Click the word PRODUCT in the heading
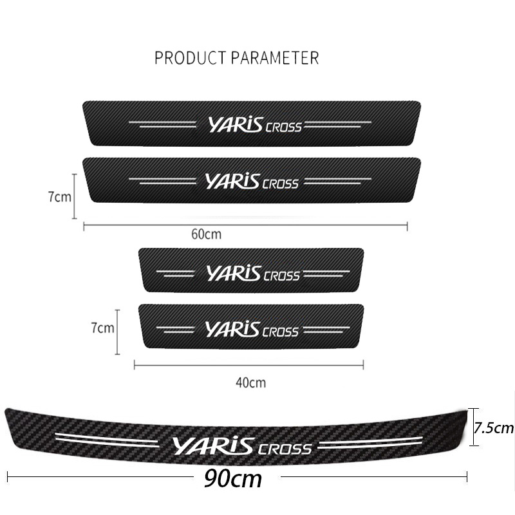[x=191, y=58]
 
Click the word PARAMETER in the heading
[x=275, y=58]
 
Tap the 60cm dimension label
[x=206, y=234]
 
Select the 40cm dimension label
[x=250, y=382]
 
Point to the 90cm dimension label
[x=233, y=479]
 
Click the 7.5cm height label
[x=494, y=427]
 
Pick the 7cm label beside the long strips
[x=59, y=197]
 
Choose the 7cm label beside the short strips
[x=102, y=328]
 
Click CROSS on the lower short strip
[x=281, y=332]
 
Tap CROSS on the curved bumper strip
[x=285, y=449]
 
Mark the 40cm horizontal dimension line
[x=248, y=364]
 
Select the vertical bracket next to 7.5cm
[x=473, y=427]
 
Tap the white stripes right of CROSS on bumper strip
[x=370, y=443]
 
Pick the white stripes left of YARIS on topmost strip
[x=162, y=124]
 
